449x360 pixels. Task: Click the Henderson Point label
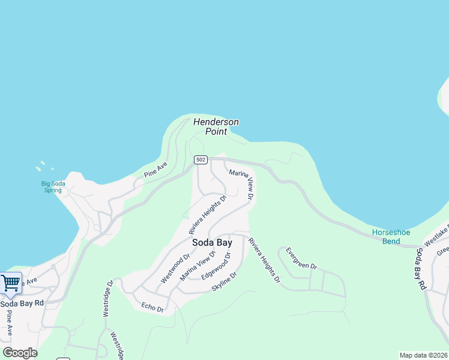(215, 127)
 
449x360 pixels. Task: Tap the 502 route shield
(200, 160)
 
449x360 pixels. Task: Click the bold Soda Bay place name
(212, 243)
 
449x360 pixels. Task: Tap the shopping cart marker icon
(11, 283)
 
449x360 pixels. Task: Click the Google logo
(20, 353)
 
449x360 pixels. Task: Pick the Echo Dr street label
(152, 307)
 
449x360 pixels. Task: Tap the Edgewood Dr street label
(216, 266)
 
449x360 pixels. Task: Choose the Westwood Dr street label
(175, 269)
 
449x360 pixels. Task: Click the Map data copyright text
(423, 355)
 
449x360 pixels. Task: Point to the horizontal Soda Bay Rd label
(22, 304)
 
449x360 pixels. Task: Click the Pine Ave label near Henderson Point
(155, 169)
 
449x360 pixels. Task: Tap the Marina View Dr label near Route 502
(242, 184)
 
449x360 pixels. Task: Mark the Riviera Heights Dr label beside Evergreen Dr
(264, 260)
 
